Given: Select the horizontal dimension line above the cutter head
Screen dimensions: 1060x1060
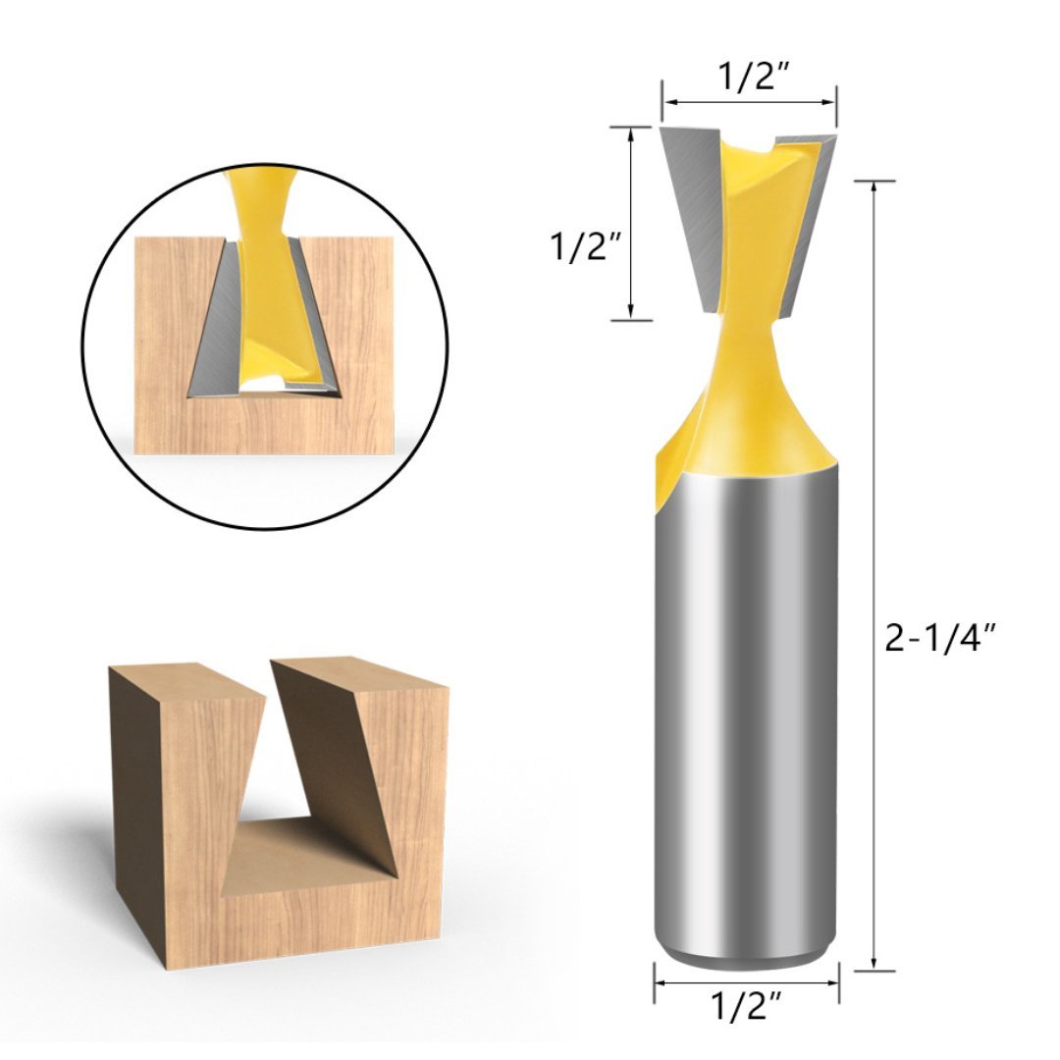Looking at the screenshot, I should (748, 101).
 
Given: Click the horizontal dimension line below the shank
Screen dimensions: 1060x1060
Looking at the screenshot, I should (746, 981).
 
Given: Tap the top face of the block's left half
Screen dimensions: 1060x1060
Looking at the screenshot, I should (186, 682).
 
